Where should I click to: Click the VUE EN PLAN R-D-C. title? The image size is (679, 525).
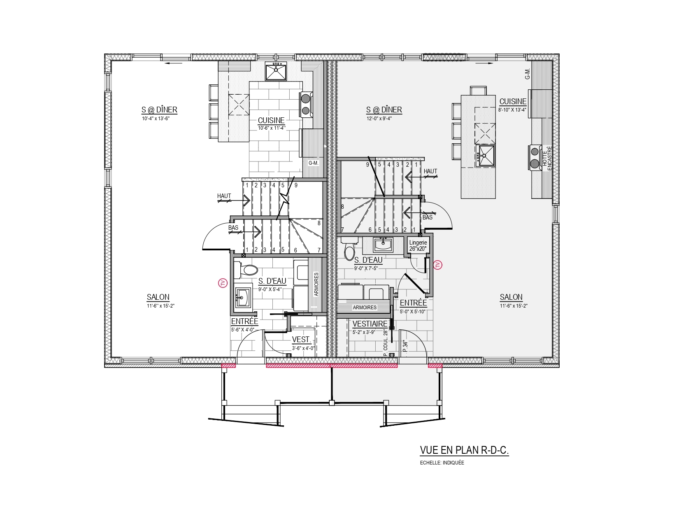464,450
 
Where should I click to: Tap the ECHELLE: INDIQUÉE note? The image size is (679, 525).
442,463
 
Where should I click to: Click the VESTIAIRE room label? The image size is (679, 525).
370,324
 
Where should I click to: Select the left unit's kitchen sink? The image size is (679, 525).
276,71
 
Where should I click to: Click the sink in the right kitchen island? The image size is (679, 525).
485,156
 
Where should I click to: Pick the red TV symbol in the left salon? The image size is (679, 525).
223,283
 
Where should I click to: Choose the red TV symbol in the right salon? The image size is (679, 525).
438,265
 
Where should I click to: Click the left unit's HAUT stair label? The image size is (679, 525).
224,196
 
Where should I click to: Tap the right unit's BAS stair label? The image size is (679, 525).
428,217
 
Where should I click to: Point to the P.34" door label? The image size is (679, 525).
406,346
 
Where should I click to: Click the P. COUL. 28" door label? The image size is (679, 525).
386,343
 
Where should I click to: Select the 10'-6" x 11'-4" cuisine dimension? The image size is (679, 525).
272,128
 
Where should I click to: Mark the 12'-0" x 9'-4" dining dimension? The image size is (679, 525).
379,119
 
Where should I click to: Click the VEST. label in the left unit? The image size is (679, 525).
302,339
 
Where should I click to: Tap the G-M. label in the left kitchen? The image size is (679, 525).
314,163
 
